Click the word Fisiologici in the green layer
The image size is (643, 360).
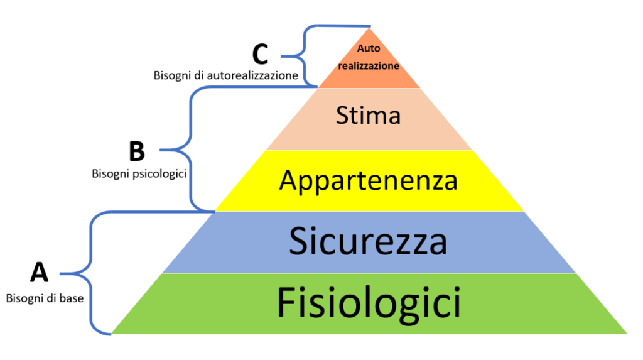369,303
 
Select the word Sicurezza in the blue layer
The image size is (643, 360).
368,242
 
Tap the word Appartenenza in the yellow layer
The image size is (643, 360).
369,180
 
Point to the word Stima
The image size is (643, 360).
369,116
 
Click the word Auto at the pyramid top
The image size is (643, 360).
369,48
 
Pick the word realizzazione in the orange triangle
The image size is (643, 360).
369,65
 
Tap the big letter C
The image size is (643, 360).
260,55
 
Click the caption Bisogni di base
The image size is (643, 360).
45,298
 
